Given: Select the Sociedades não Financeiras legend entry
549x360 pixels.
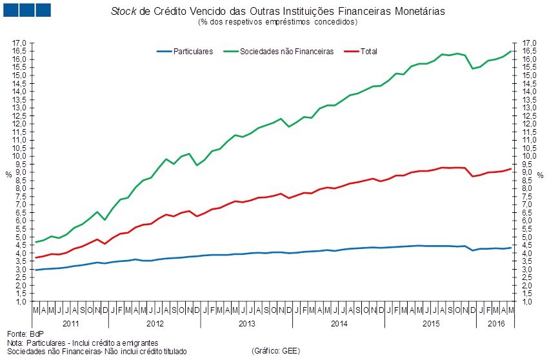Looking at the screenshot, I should click(286, 52).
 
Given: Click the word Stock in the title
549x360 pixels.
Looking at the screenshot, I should click(124, 12).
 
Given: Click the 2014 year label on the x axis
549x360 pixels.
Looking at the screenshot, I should click(338, 323).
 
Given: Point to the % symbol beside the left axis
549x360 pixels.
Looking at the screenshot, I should click(8, 174).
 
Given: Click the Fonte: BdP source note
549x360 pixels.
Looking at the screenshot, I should click(23, 334).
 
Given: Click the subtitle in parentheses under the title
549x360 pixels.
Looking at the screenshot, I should click(278, 22).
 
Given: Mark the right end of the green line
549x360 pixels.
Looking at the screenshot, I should click(511, 51).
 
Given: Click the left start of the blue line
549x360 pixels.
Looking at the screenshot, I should click(35, 270).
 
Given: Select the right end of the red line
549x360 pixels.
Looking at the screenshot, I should click(511, 169).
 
